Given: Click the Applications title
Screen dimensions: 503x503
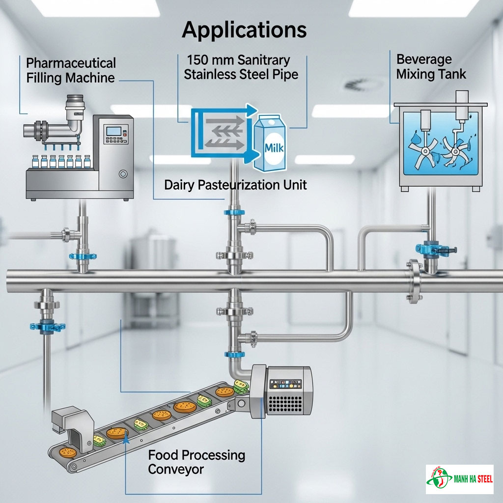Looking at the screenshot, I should pos(244,30).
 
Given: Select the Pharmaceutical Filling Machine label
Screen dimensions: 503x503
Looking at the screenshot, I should pos(71,70).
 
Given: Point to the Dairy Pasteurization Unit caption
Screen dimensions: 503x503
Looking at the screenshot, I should pos(235,185).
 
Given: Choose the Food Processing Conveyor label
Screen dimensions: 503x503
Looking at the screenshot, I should pos(196,462).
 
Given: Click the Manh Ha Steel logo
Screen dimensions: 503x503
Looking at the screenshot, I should pos(459,479).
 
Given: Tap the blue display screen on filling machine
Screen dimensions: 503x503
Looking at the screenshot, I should pos(114,131).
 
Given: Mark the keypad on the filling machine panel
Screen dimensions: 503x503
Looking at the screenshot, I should pos(114,146).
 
